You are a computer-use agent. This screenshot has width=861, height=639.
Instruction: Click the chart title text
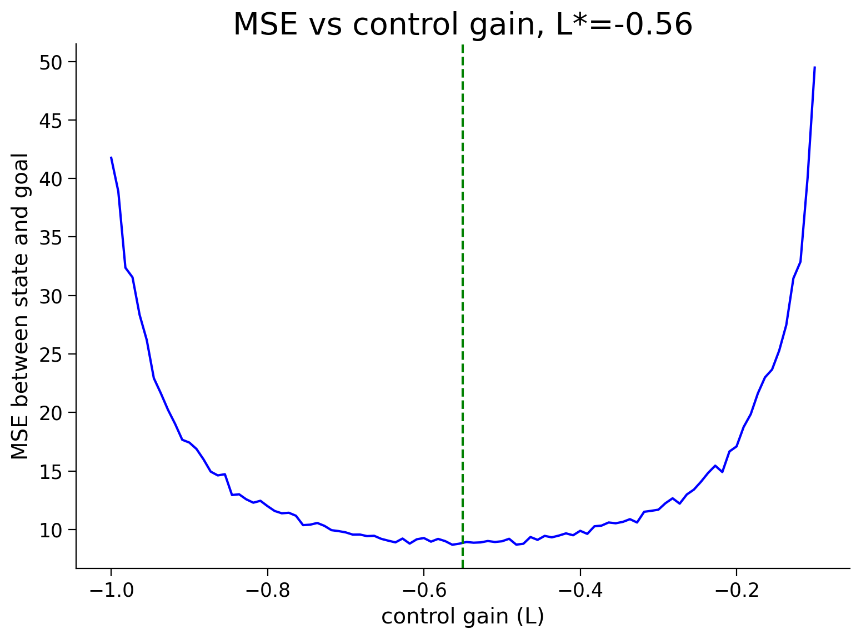coord(463,24)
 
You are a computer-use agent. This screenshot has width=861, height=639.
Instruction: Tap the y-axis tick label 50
coord(51,63)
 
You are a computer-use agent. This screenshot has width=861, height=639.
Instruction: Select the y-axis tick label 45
coord(51,121)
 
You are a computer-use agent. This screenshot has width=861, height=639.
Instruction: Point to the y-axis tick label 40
coord(51,179)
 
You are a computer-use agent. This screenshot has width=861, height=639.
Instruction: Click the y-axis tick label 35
coord(51,238)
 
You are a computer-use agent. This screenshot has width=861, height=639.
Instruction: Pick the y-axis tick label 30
coord(51,297)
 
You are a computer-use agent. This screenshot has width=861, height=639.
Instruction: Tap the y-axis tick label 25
coord(51,355)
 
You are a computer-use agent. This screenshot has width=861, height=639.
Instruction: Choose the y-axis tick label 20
coord(51,413)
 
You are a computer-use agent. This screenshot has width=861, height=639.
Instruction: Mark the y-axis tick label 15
coord(51,472)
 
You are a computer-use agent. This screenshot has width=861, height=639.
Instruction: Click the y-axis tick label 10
coord(51,531)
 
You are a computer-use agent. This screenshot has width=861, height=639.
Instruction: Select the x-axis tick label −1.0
coord(112,591)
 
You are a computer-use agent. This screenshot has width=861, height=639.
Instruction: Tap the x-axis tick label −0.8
coord(268,591)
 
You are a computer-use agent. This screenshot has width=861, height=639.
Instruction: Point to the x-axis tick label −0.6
coord(424,591)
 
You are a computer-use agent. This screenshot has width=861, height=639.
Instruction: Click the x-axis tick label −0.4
coord(580,591)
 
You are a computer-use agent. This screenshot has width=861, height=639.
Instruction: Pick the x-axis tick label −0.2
coord(737,591)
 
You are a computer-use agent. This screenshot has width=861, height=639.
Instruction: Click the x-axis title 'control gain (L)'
coord(463,617)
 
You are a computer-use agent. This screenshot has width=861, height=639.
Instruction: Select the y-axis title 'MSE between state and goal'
coord(19,307)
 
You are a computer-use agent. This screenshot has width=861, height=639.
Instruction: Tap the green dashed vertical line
coord(463,307)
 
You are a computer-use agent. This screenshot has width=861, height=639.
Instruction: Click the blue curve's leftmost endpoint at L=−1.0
coord(112,157)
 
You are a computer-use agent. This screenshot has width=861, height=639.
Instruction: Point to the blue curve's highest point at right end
coord(815,67)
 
